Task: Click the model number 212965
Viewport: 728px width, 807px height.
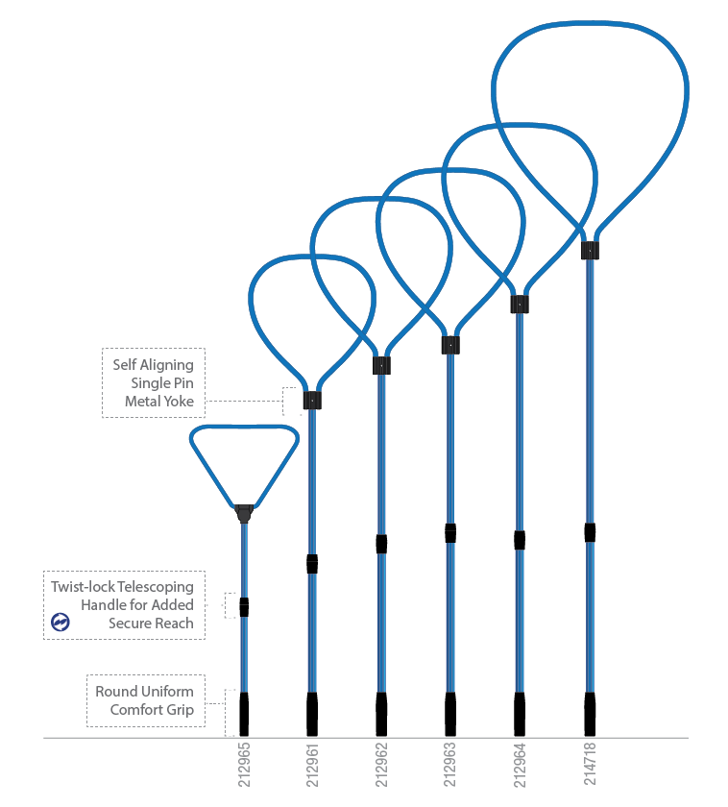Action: tap(244, 765)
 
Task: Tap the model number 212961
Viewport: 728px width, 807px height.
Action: tap(312, 765)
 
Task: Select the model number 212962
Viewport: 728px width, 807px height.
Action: tap(381, 765)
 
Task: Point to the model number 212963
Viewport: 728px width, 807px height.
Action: tap(449, 765)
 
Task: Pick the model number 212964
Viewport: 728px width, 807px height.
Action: tap(520, 765)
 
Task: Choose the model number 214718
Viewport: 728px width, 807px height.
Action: tap(590, 763)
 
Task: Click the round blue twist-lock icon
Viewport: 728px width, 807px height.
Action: tap(61, 622)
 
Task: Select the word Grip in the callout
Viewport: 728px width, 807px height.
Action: tap(180, 710)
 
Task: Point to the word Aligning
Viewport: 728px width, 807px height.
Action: tap(167, 365)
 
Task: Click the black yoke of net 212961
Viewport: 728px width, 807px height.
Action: tap(312, 401)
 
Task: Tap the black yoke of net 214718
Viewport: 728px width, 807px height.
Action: tap(590, 250)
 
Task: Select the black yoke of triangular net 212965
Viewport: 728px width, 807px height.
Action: tap(244, 513)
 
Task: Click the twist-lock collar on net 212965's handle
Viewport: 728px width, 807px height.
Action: tap(244, 607)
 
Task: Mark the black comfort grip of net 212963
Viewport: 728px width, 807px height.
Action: tap(450, 715)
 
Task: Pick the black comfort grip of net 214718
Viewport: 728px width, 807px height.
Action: tap(590, 715)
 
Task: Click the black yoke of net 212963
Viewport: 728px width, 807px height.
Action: tap(450, 345)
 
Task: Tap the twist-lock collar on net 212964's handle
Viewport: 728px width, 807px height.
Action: tap(520, 540)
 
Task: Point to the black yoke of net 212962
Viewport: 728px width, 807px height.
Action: tap(381, 365)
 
